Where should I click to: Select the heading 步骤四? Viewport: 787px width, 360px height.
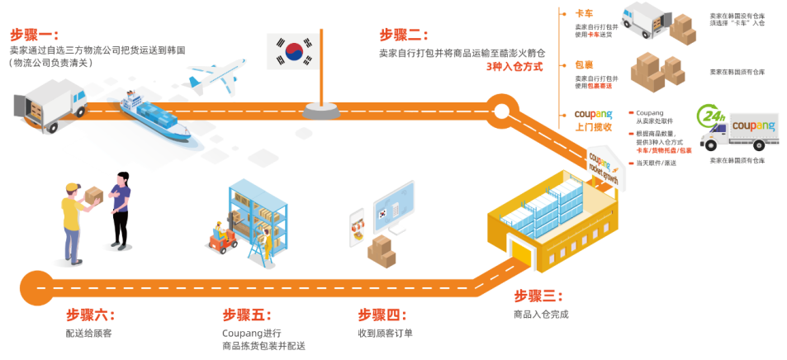click(x=382, y=315)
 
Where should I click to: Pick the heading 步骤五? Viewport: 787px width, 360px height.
click(x=246, y=315)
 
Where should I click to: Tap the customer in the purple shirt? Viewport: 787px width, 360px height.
click(x=121, y=211)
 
